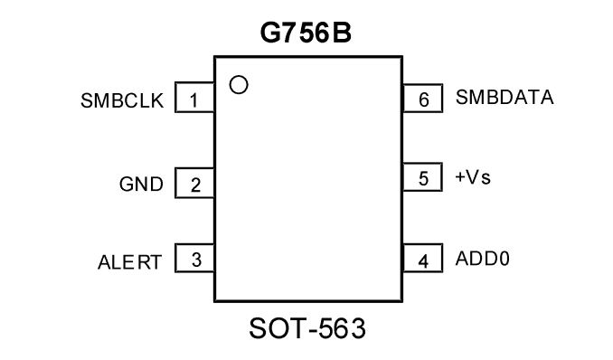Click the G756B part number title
click(x=306, y=33)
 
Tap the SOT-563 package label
click(x=307, y=328)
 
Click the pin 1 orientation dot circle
click(x=239, y=84)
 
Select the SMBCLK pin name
click(x=122, y=100)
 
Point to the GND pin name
click(x=141, y=184)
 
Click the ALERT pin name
click(x=129, y=262)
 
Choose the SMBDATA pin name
click(x=505, y=97)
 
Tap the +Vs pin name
click(x=473, y=177)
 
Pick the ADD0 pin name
click(x=483, y=259)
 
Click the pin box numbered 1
click(x=194, y=98)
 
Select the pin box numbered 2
click(x=194, y=183)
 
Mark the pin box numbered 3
click(x=194, y=258)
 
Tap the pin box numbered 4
click(x=422, y=258)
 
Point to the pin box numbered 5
click(x=422, y=177)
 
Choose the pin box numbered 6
click(x=422, y=98)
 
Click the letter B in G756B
click(x=342, y=33)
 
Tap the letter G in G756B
click(x=270, y=33)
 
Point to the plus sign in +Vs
click(x=460, y=177)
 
